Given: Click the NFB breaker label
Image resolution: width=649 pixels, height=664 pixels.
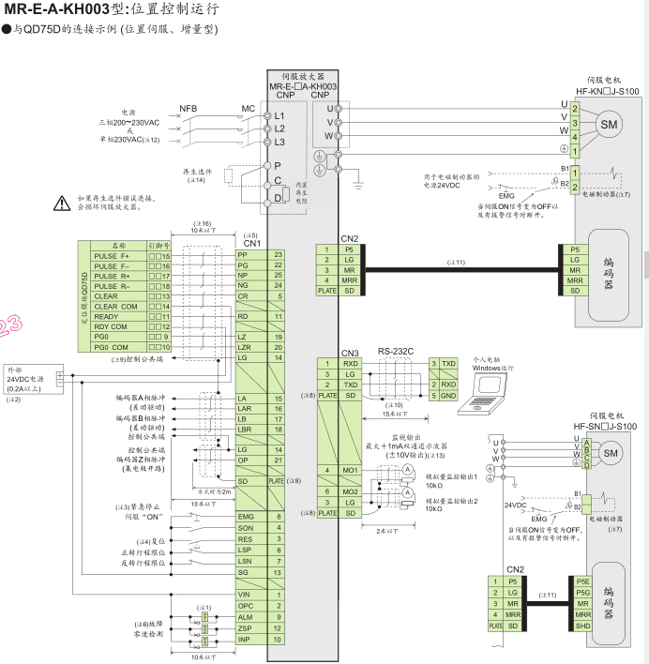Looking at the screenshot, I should [188, 108].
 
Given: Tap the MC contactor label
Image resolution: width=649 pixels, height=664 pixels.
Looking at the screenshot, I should [248, 108].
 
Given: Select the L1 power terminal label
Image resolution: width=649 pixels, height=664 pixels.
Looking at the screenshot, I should [279, 114].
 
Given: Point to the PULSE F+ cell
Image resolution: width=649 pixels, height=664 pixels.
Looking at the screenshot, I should [112, 256].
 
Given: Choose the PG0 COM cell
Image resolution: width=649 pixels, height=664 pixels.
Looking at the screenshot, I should [111, 347].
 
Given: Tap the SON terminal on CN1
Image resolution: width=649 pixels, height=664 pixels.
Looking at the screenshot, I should [246, 528].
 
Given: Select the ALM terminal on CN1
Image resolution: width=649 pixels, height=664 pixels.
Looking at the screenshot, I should [246, 617].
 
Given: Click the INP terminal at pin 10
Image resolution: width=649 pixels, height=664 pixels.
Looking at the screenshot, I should [246, 639].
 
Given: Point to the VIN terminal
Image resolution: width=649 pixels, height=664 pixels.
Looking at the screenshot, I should [246, 595].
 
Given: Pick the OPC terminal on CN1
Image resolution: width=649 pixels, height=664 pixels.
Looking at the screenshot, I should [246, 606].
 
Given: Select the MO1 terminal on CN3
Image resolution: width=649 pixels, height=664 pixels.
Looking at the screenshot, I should [351, 470].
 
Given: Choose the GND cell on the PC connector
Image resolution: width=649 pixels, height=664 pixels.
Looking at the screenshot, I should [448, 395].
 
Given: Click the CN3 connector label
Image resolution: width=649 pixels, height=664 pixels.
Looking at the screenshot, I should [350, 352].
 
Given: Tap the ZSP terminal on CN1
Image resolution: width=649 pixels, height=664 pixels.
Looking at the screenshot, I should [246, 627].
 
